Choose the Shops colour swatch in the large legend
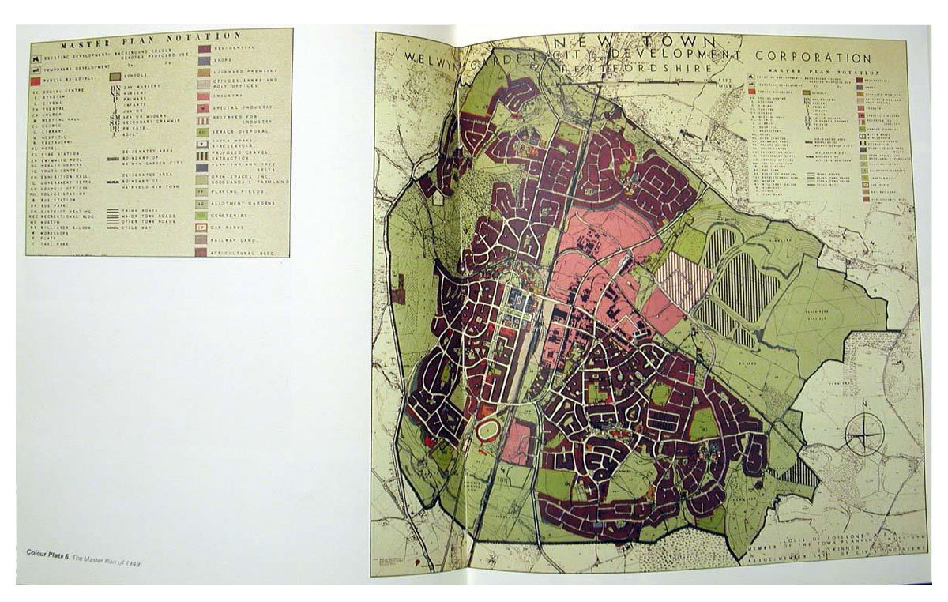point(203,60)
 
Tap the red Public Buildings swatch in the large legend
point(36,80)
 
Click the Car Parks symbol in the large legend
point(203,227)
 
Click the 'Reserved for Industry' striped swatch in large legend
point(203,119)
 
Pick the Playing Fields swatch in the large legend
point(203,190)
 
